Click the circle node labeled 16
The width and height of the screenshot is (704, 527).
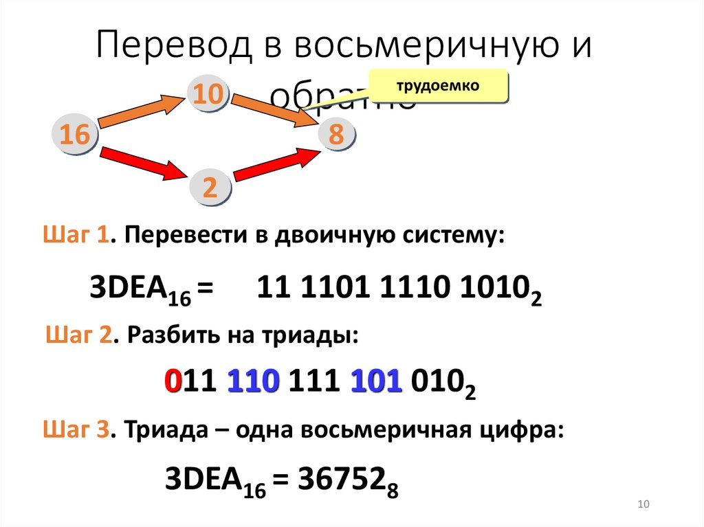[x=75, y=135]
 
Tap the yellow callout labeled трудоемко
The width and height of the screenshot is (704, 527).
[x=437, y=87]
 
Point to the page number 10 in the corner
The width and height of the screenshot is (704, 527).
[x=643, y=505]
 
